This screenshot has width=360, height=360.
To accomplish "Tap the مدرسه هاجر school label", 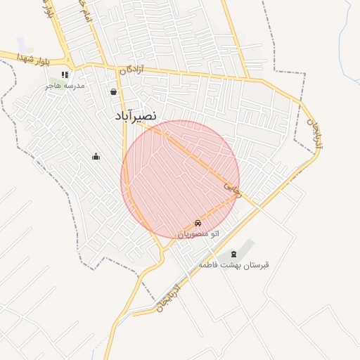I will click(65, 85).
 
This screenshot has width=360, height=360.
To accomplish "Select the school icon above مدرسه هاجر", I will click(64, 75).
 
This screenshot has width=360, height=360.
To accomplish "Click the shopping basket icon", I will click(113, 91).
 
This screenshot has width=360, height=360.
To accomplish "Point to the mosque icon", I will click(96, 156).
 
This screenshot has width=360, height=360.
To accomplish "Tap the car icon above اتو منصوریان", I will click(198, 223).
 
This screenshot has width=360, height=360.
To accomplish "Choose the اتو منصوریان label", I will click(198, 233).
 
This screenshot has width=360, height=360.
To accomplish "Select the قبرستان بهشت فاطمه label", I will click(233, 265).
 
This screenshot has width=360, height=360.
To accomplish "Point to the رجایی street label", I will click(232, 188).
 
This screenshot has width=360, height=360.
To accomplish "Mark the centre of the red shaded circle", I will click(180, 179).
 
